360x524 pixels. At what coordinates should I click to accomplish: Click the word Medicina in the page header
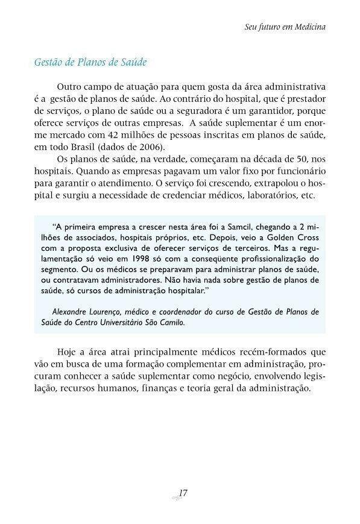pos(308,28)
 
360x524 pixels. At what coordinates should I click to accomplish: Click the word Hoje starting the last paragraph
pos(68,351)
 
